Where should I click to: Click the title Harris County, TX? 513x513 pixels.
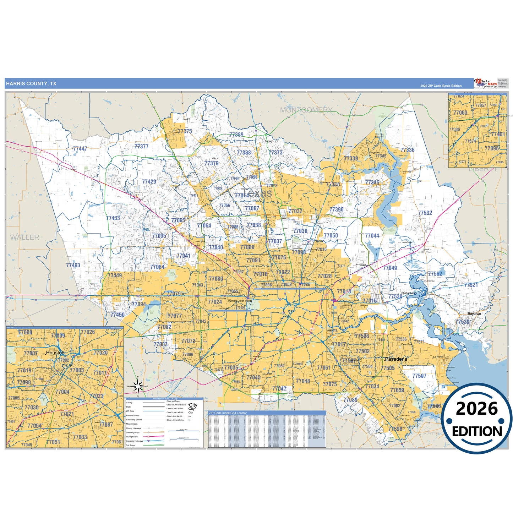[31, 84]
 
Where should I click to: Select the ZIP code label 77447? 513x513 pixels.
[80, 149]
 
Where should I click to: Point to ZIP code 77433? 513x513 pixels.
[113, 218]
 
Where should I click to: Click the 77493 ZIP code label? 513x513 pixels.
[73, 265]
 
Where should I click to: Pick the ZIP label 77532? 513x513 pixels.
[425, 213]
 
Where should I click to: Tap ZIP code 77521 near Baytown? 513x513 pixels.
[471, 285]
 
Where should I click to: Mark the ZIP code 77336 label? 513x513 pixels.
[407, 150]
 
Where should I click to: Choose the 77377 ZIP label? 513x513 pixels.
[141, 146]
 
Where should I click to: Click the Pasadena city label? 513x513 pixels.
[396, 359]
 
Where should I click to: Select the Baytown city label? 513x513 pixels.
[474, 314]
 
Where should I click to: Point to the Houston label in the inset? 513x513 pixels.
[55, 353]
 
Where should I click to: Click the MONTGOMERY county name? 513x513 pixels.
[306, 110]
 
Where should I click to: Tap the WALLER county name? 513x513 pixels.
[24, 237]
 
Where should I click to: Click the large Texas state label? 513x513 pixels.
[258, 193]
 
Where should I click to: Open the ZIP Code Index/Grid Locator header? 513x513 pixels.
[228, 413]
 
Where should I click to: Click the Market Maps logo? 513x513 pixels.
[485, 83]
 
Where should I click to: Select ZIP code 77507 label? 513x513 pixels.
[419, 376]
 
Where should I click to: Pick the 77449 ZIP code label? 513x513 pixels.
[115, 275]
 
